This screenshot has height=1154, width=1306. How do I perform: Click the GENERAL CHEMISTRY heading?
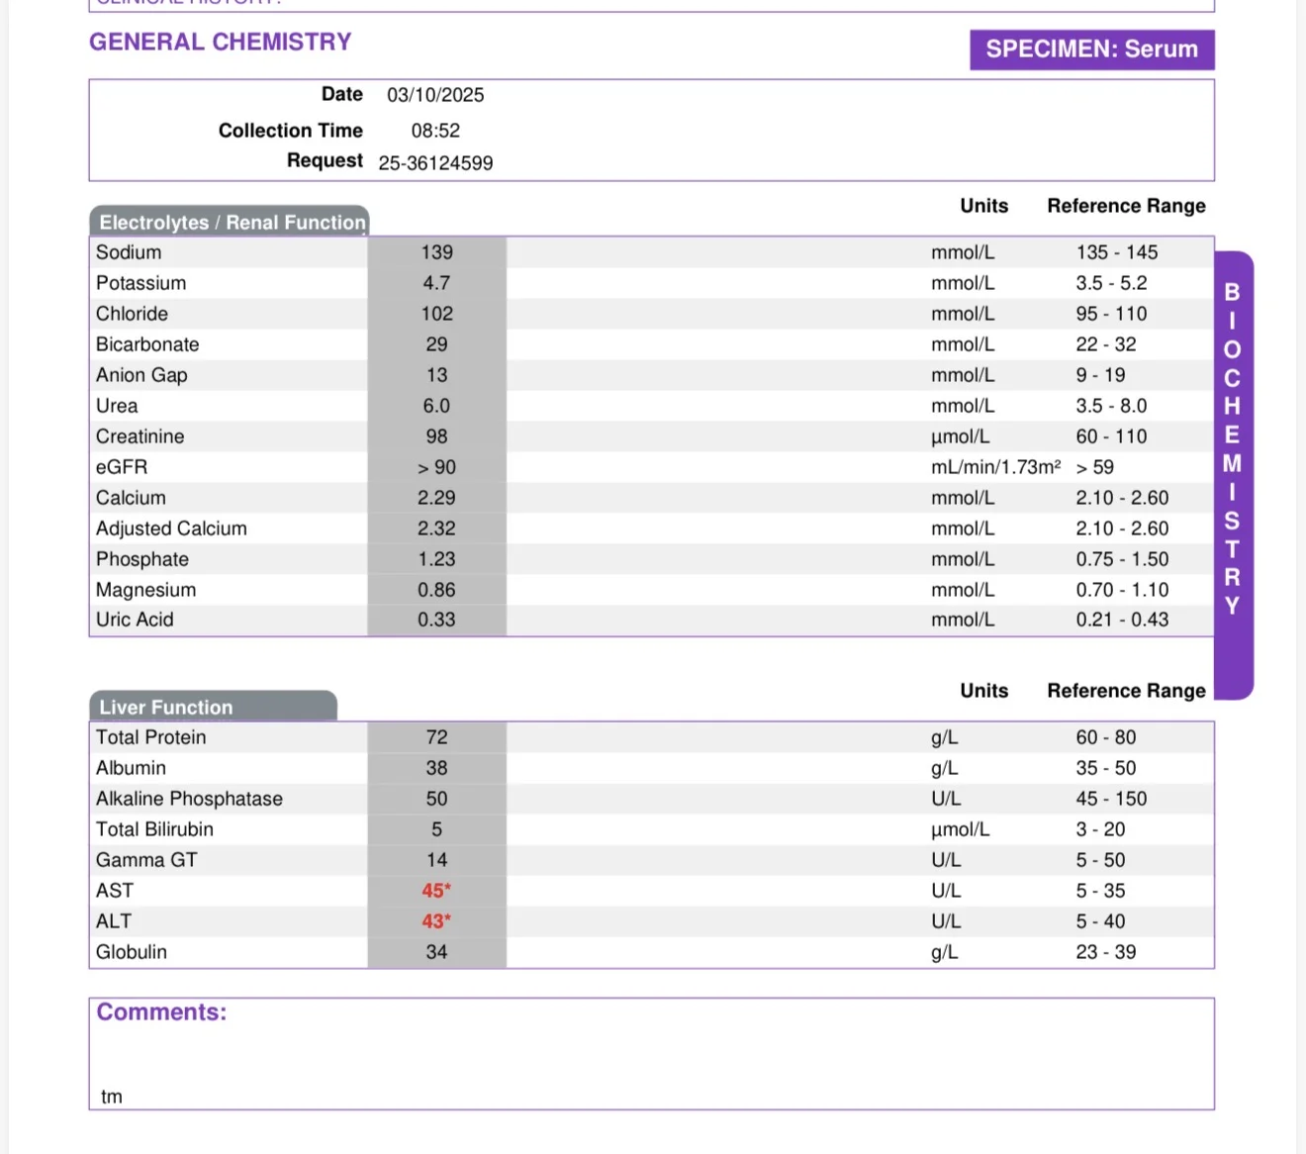[x=221, y=42]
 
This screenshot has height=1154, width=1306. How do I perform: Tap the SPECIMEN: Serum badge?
[x=1092, y=49]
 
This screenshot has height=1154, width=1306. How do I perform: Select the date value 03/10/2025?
[x=435, y=95]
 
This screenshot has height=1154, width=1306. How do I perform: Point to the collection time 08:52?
[x=435, y=131]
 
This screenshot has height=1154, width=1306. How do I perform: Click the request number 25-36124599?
[x=435, y=162]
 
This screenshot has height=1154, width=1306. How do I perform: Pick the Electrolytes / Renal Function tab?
[x=230, y=222]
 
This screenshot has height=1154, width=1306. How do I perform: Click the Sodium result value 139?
[x=436, y=252]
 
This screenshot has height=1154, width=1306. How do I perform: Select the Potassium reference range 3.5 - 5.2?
[x=1111, y=283]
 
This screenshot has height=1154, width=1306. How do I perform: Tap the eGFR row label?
[x=122, y=467]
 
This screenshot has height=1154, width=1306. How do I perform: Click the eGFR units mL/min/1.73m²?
[x=996, y=467]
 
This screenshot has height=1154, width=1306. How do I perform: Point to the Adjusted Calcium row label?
[x=171, y=529]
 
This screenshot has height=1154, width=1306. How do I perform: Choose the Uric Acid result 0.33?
[x=436, y=620]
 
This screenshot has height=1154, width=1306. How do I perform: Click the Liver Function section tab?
[x=214, y=706]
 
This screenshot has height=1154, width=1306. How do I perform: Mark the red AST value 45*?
[x=436, y=890]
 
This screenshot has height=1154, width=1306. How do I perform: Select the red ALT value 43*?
[x=436, y=921]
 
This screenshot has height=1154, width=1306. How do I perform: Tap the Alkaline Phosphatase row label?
[x=190, y=799]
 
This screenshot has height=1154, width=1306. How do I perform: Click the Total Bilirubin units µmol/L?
[x=960, y=829]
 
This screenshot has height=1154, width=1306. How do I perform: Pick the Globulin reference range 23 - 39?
[x=1106, y=952]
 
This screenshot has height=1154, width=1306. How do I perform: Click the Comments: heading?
[x=162, y=1012]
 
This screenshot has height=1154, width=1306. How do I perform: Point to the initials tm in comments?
[x=112, y=1097]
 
